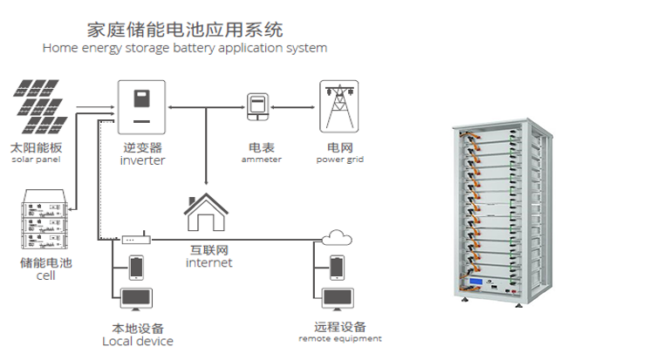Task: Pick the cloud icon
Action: [336, 236]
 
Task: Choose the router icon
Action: [134, 238]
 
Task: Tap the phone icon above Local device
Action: [136, 266]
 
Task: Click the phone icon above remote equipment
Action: [337, 265]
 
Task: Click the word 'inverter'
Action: [142, 161]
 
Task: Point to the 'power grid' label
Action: [340, 160]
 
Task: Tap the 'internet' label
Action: [209, 262]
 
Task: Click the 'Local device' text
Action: [138, 341]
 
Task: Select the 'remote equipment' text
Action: [340, 338]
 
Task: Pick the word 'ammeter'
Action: [261, 160]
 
